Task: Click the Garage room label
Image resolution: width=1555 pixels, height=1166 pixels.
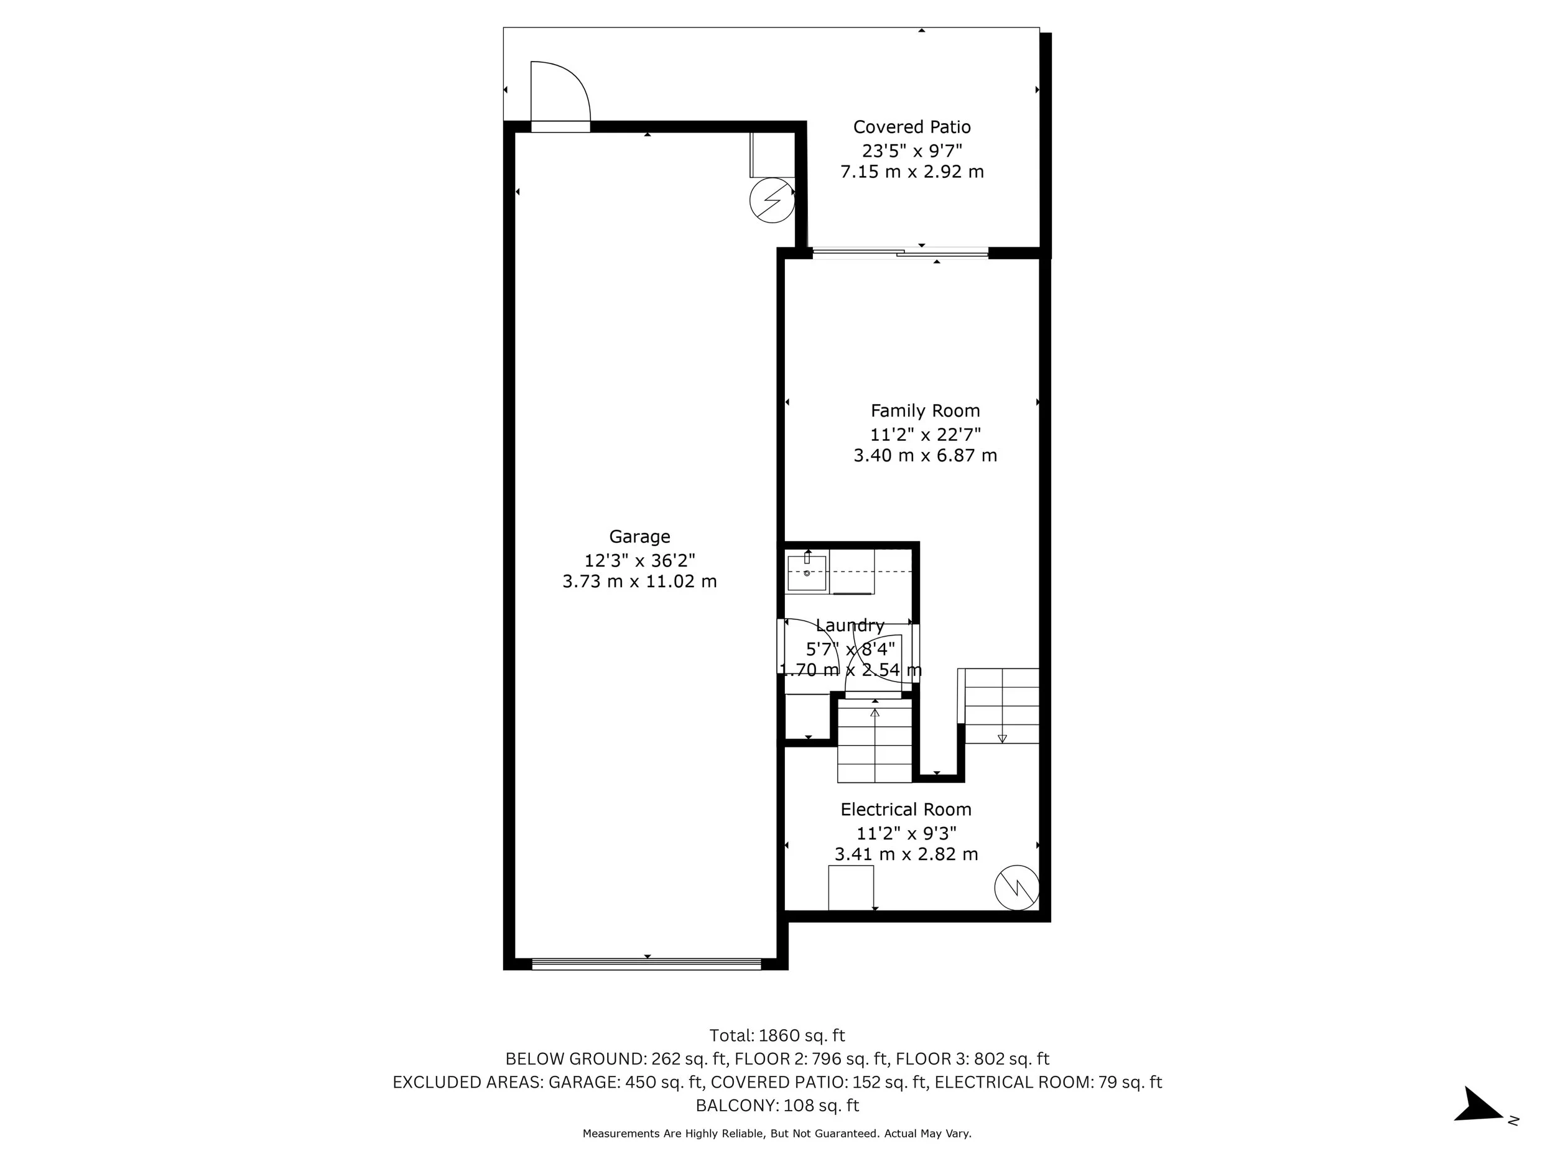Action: tap(639, 537)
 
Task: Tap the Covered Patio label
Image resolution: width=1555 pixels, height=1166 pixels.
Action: tap(912, 127)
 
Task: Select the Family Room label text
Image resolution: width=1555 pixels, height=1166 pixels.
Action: tap(925, 410)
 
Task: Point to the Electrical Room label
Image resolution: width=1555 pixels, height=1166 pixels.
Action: tap(906, 809)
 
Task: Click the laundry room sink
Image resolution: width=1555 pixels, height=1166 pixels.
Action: tap(806, 572)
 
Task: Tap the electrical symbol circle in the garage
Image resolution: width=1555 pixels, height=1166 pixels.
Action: tap(772, 201)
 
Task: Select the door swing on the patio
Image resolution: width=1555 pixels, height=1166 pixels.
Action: tap(560, 91)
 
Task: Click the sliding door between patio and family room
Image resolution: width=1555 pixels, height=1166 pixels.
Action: tap(900, 252)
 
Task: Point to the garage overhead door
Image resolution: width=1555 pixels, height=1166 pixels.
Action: tap(646, 964)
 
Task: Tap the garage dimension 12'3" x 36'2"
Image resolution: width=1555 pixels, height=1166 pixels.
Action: tap(639, 560)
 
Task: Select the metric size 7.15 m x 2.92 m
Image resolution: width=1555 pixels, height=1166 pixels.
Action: tap(912, 172)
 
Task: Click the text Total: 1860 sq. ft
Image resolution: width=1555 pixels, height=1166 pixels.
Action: tap(777, 1035)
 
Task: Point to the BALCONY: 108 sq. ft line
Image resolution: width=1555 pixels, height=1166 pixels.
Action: tap(777, 1106)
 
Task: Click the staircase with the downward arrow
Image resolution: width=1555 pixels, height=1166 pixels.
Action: tap(998, 706)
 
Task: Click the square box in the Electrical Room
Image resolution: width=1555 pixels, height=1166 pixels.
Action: tap(851, 887)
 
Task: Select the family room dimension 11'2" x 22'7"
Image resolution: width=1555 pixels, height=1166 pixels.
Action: tap(925, 433)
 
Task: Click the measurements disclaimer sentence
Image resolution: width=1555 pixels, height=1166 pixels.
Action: tap(777, 1134)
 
